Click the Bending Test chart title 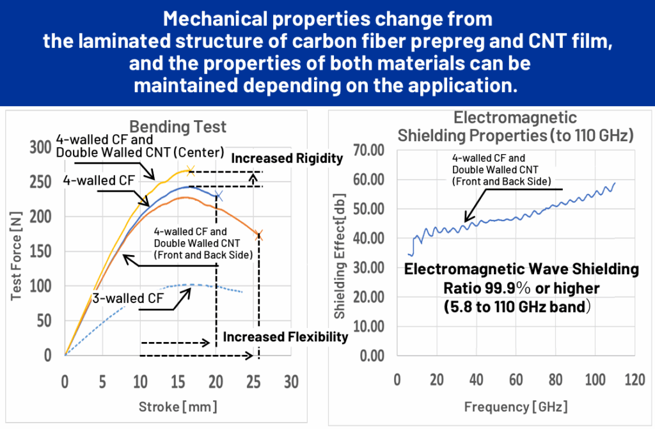[169, 126]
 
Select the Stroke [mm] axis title [177, 406]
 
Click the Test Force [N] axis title [17, 253]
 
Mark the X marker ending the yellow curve [190, 170]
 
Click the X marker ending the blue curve [219, 195]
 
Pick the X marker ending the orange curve [259, 235]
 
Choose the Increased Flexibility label [285, 337]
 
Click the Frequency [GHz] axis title [516, 406]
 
